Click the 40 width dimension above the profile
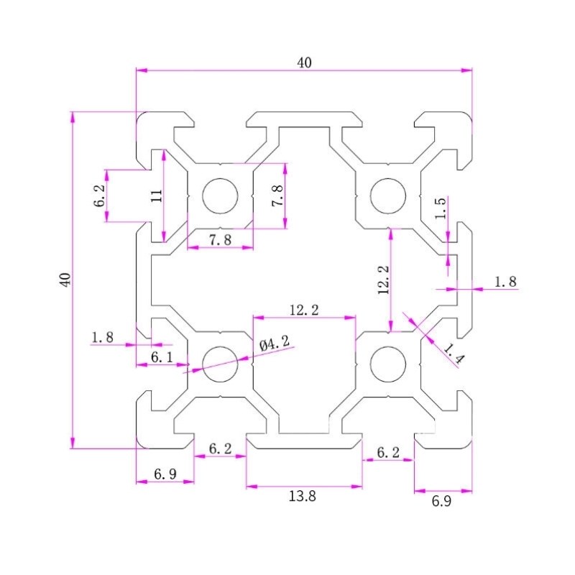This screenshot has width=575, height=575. click(x=304, y=63)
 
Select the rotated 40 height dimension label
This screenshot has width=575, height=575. click(x=65, y=280)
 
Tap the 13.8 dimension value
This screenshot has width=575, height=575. click(x=304, y=495)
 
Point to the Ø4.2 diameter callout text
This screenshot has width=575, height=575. click(x=275, y=345)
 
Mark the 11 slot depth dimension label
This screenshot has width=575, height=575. click(x=156, y=195)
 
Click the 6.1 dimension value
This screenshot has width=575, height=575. click(x=162, y=356)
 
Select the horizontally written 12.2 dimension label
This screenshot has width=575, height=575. click(x=304, y=310)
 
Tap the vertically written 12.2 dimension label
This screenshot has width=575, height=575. click(x=383, y=280)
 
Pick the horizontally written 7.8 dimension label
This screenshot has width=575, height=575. click(x=221, y=240)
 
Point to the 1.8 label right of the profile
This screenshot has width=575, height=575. click(x=505, y=282)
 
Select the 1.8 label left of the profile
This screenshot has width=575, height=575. click(x=103, y=336)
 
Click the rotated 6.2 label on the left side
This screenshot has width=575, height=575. click(x=99, y=196)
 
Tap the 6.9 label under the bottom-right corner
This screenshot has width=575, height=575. click(x=441, y=502)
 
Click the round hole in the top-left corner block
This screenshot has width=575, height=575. click(x=220, y=195)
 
